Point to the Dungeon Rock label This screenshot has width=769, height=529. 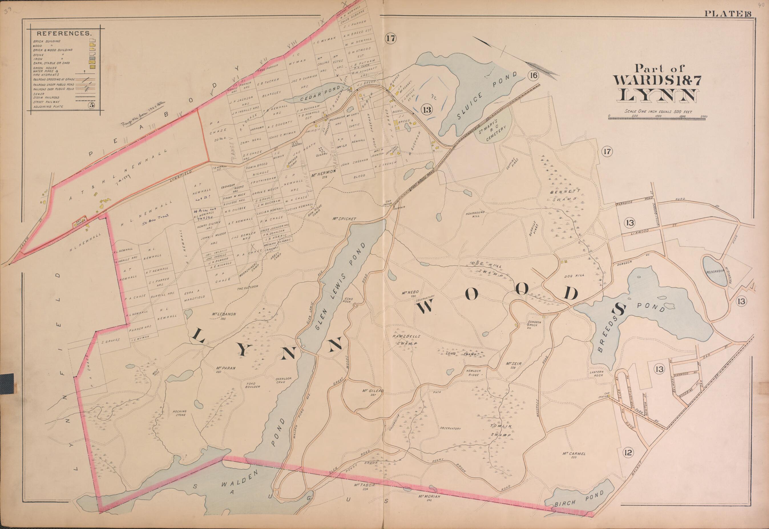[534, 325]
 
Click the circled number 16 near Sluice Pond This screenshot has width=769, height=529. [533, 76]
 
